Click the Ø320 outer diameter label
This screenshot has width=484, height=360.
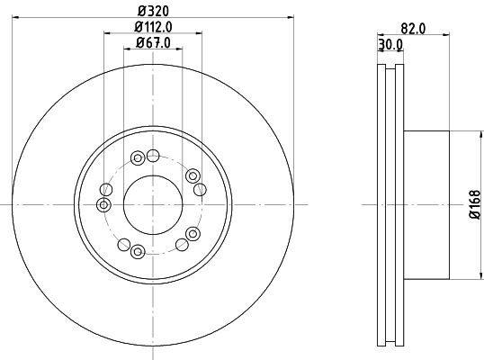coord(154,9)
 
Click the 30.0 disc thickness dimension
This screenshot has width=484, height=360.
coord(390,43)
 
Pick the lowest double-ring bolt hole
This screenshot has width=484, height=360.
coord(138,252)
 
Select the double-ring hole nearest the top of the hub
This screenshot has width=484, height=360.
coord(138,158)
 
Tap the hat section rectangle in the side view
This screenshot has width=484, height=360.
coord(426,205)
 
